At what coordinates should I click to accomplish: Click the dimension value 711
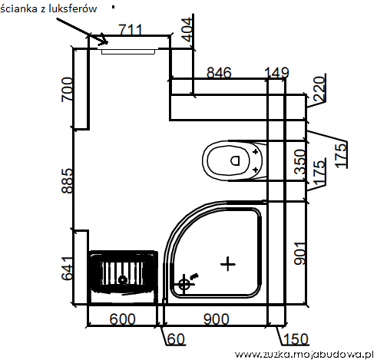131,30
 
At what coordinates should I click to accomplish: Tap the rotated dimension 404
187,30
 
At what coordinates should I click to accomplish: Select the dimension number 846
219,73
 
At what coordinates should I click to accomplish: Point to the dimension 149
276,73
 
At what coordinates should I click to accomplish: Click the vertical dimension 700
68,90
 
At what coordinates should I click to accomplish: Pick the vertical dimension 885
68,180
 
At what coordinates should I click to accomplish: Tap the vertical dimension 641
68,269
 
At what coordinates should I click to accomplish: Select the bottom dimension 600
122,319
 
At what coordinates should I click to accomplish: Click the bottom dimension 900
217,319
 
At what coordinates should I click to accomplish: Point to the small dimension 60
176,339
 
